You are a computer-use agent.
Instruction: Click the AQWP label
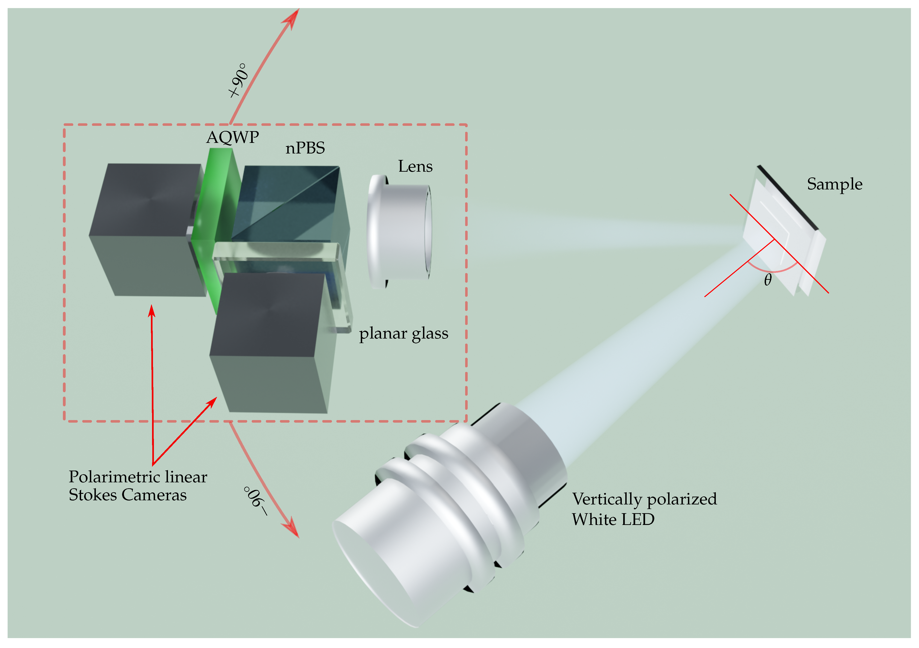tap(232, 137)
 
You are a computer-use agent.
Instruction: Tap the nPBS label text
tap(305, 148)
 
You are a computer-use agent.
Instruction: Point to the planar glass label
tap(403, 333)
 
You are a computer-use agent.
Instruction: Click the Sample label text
tap(834, 184)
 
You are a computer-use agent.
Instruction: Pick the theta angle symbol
tap(767, 280)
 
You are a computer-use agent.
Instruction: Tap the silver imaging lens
tap(400, 232)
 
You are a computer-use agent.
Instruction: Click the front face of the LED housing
tap(372, 572)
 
